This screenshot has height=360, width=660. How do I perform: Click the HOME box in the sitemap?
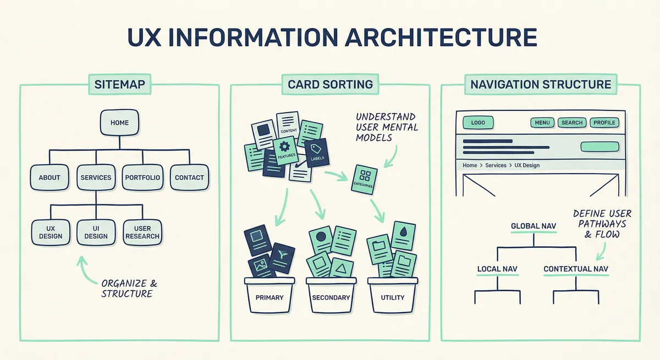[x=119, y=123]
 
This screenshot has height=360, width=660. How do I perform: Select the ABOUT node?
[x=49, y=178]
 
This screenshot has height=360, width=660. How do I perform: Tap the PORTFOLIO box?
[x=142, y=178]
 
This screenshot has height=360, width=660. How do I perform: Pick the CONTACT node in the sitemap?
[x=189, y=178]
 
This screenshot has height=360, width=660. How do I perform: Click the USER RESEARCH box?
[x=142, y=232]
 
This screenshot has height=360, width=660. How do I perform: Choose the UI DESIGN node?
[x=96, y=232]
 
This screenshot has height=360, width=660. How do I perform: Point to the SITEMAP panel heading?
[x=119, y=85]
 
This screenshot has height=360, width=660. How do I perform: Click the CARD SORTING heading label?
[x=330, y=85]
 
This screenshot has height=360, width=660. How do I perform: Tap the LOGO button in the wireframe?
[x=478, y=123]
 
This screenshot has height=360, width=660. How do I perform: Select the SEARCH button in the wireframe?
[x=572, y=123]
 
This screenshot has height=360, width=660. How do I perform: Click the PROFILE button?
[x=604, y=123]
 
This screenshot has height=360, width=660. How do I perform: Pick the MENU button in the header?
[x=542, y=123]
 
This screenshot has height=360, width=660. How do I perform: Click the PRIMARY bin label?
[x=269, y=297]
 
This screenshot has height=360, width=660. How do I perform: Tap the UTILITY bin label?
[x=392, y=297]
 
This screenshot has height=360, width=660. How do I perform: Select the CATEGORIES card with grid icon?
[x=364, y=179]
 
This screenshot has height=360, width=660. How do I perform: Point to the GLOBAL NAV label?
[x=532, y=226]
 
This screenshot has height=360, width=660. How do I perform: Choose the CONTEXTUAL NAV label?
[x=576, y=269]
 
